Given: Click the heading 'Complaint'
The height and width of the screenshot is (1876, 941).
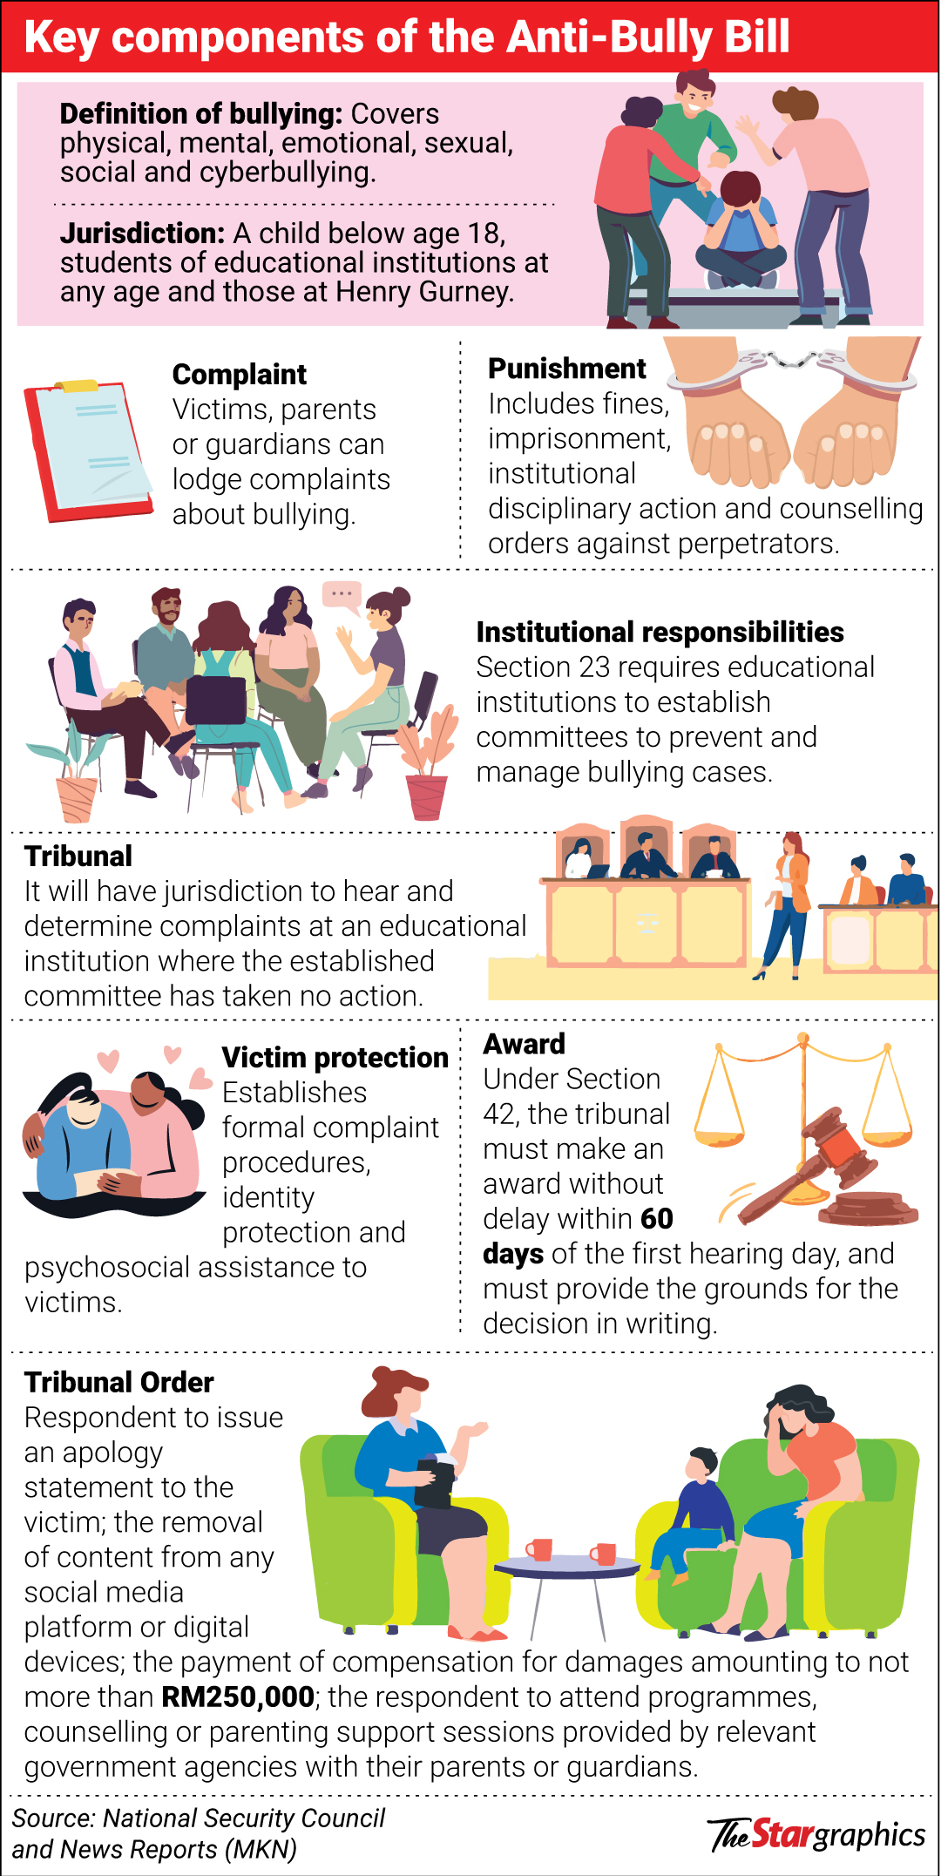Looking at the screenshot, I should tap(239, 375).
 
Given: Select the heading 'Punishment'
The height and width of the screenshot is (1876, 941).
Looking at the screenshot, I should tap(566, 369).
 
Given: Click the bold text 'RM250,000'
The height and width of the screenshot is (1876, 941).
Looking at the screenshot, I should tap(238, 1697).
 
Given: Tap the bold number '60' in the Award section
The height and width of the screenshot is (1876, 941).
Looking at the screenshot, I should tap(656, 1218).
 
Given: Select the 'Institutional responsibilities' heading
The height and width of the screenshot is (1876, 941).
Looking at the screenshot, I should tap(660, 632).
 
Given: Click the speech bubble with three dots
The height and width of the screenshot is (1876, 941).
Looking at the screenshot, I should tap(342, 594).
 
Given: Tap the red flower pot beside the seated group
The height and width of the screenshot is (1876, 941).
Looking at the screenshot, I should tap(426, 796).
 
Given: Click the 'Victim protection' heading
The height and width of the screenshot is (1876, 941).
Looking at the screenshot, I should tap(335, 1058).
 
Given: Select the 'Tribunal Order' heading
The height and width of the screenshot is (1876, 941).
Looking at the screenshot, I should tap(118, 1382).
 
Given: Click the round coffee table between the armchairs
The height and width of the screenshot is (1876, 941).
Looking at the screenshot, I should tap(567, 1568).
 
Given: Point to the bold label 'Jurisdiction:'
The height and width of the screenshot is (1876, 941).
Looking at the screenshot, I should tap(143, 234).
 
